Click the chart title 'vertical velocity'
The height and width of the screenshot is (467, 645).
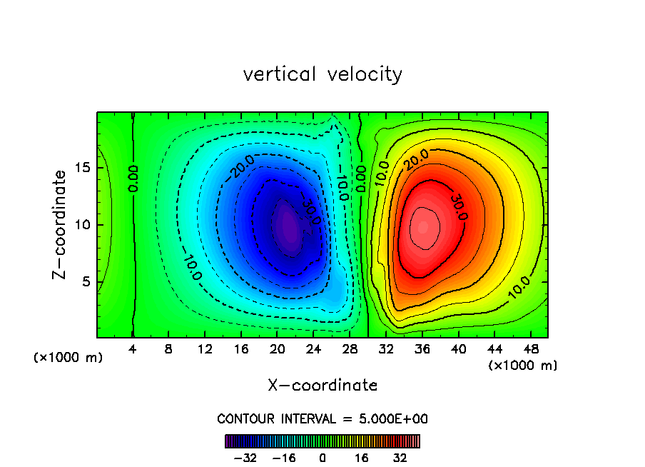tap(322, 74)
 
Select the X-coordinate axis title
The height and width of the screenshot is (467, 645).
tap(322, 386)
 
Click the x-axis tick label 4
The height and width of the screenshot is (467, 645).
tap(133, 350)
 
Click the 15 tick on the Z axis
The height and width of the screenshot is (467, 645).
tap(85, 168)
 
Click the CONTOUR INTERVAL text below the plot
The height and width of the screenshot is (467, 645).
tap(322, 418)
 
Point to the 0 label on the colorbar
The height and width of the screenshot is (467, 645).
tap(322, 458)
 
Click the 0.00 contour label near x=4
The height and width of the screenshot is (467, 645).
tap(133, 178)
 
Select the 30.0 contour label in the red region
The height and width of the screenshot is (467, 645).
tap(458, 206)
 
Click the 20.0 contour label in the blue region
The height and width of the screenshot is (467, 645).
tap(241, 169)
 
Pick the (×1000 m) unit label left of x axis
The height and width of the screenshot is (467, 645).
tap(68, 358)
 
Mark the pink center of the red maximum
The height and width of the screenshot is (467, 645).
tap(423, 227)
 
